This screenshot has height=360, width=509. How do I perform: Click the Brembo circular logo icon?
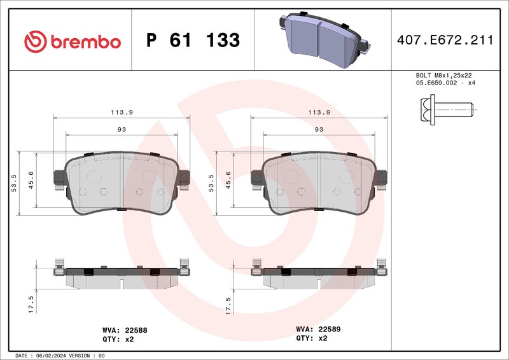[35, 42]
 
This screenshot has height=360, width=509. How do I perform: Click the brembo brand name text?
[85, 42]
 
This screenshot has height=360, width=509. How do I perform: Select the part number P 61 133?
[192, 41]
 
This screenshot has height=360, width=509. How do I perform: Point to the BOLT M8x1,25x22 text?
[443, 75]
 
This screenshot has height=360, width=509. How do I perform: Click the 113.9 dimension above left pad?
[122, 112]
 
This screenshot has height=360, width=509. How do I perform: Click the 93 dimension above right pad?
[319, 129]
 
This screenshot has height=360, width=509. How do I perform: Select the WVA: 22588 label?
[125, 330]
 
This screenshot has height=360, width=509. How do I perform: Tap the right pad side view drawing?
[319, 275]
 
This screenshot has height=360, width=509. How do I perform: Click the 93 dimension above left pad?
[122, 129]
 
